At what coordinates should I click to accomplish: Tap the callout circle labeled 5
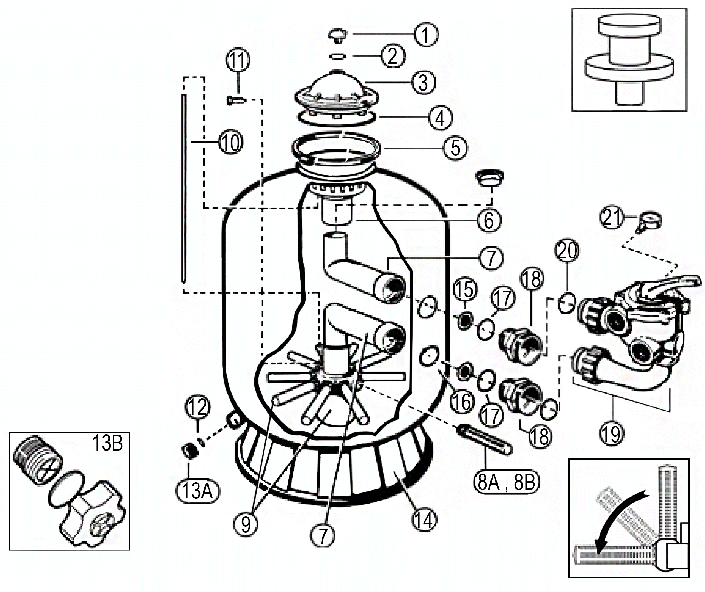[x=455, y=148]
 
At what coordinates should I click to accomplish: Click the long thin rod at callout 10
[x=184, y=189]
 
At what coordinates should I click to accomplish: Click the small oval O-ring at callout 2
[x=338, y=57]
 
